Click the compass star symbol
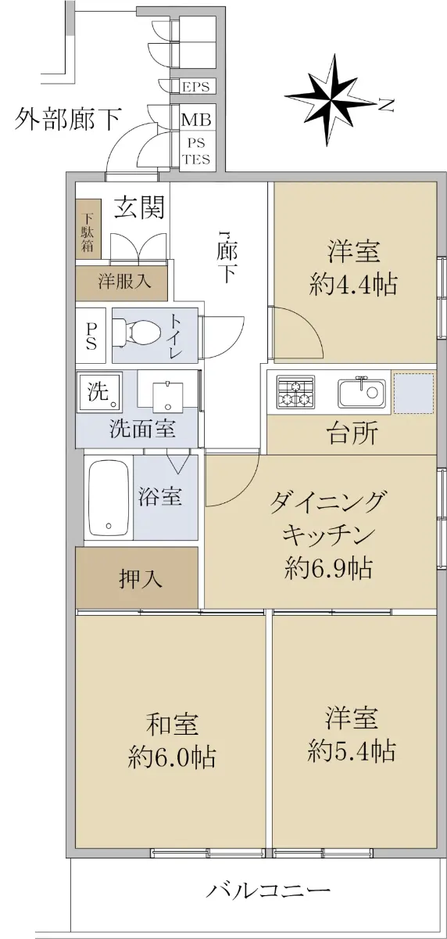point(331,100)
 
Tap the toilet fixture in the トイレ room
point(137,333)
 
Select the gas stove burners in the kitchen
point(295,392)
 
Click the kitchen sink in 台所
point(362,392)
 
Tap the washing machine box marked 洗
point(99,392)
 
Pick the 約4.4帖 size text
point(352,285)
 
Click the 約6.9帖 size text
point(328,568)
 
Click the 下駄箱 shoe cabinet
point(88,229)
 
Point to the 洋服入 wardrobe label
point(125,281)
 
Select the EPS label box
point(196,87)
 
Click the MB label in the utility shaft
point(196,121)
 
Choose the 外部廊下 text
point(68,119)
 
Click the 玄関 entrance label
point(139,207)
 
